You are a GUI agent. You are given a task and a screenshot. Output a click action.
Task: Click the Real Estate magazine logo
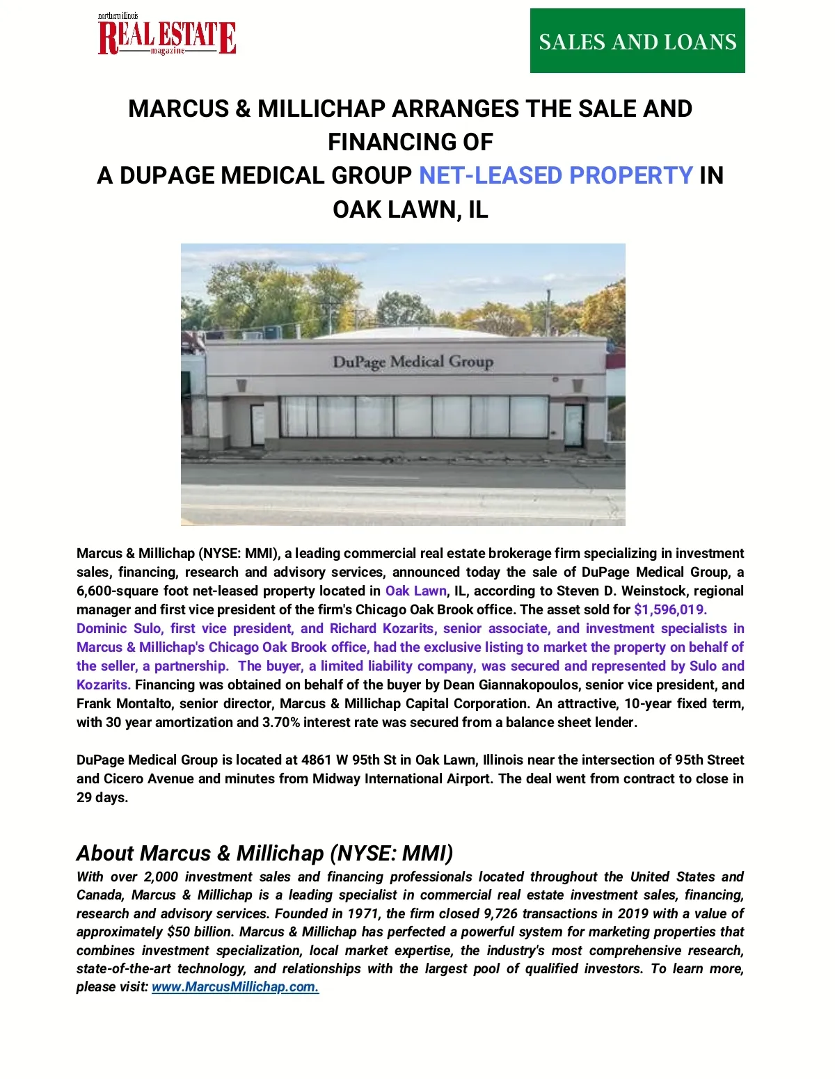(x=167, y=35)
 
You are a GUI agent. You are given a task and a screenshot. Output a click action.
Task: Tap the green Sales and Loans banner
(x=637, y=41)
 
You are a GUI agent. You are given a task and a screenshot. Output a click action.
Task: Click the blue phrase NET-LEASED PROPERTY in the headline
(x=555, y=175)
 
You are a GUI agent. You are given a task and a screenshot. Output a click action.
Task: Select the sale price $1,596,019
(x=670, y=610)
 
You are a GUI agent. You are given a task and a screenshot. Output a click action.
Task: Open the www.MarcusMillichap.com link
(x=235, y=987)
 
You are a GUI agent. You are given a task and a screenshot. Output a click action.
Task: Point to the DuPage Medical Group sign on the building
(x=413, y=362)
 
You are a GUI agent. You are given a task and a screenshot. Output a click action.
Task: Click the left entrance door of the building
(x=257, y=424)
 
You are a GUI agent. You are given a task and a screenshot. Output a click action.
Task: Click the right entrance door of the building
(x=573, y=425)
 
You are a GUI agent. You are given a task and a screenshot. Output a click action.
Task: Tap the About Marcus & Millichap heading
(x=264, y=853)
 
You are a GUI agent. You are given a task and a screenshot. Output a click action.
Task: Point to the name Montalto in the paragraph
(x=145, y=704)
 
